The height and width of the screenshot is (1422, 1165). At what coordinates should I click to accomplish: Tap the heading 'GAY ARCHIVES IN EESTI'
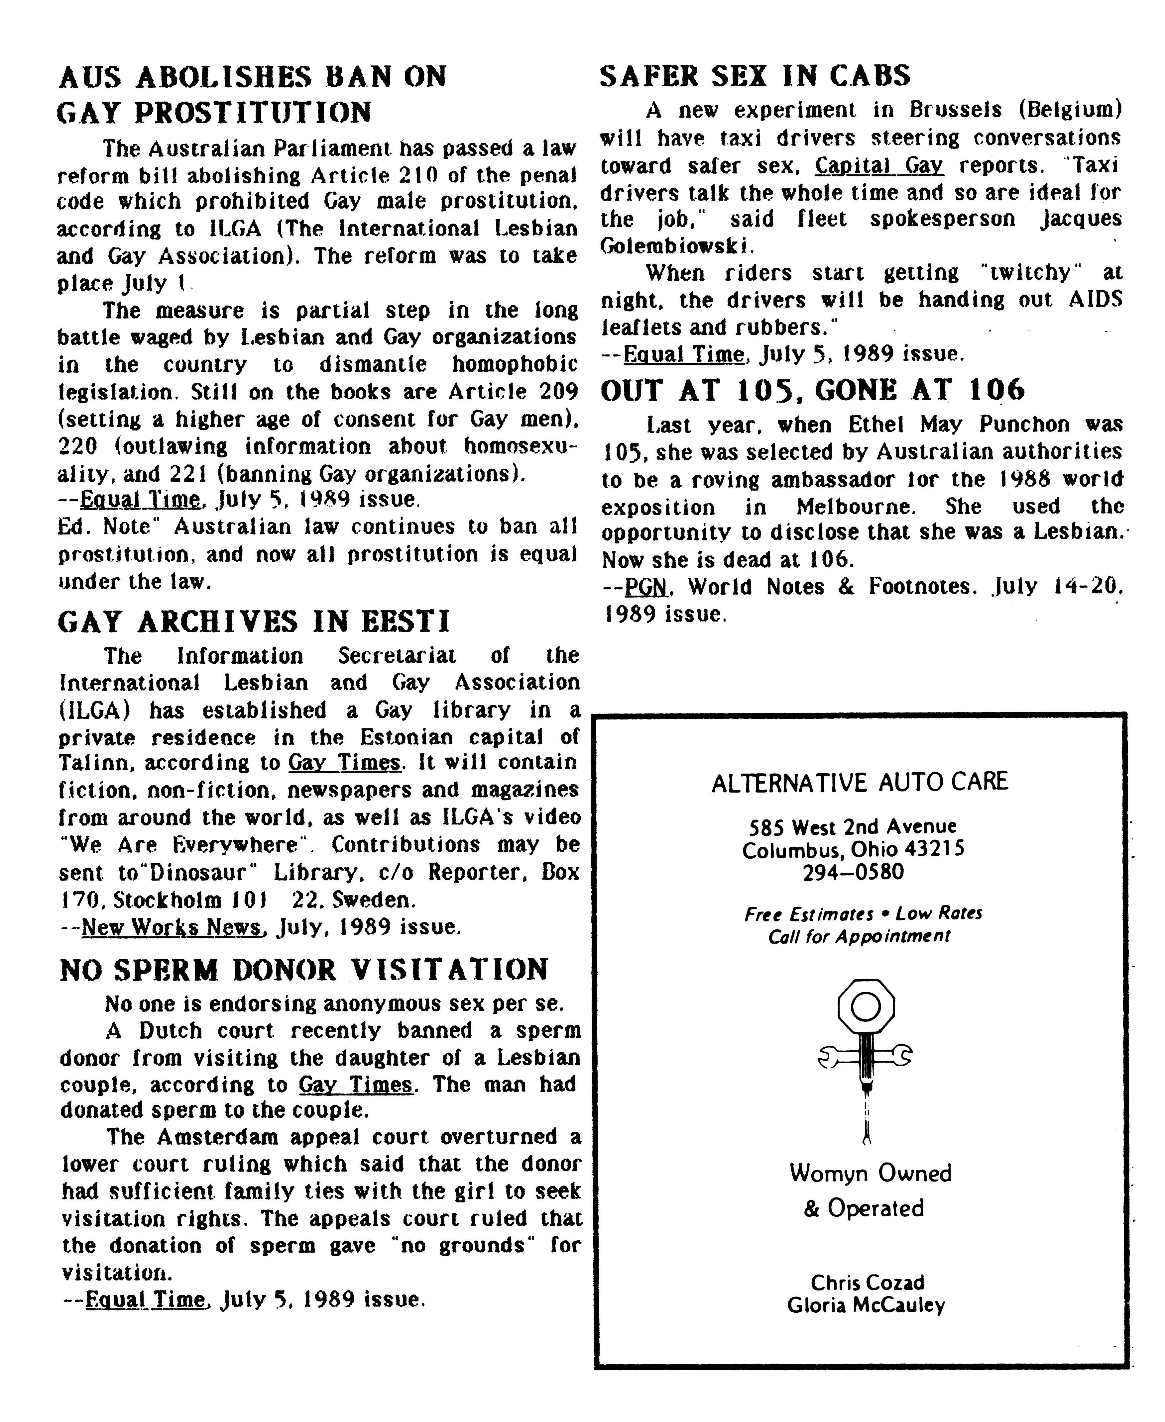point(254,622)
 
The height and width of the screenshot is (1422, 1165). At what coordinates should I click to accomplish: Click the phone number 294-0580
point(853,872)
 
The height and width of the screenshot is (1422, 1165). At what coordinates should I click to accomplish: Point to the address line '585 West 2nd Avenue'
point(853,826)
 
